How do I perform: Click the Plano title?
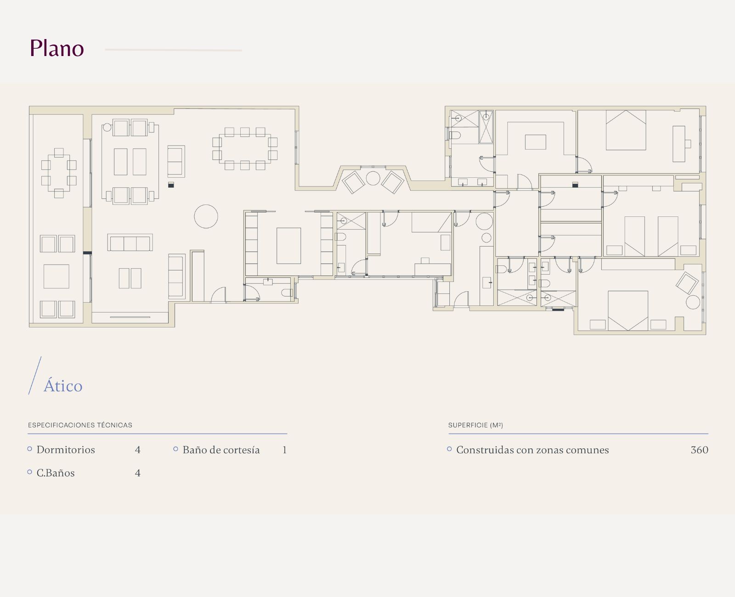click(x=57, y=48)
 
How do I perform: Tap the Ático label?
click(x=63, y=386)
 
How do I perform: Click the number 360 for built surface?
click(x=700, y=450)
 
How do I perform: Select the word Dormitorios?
click(x=66, y=450)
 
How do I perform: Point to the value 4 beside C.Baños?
click(x=138, y=473)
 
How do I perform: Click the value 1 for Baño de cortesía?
click(x=285, y=450)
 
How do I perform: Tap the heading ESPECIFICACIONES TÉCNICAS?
click(x=80, y=425)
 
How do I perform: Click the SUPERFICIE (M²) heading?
click(x=475, y=425)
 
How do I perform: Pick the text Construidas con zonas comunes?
click(x=532, y=450)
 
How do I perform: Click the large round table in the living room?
click(x=206, y=217)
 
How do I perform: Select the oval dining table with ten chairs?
click(x=245, y=148)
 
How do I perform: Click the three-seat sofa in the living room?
click(x=130, y=242)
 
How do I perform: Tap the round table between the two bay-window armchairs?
click(x=373, y=178)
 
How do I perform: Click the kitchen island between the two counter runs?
click(x=288, y=246)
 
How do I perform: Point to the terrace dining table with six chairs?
click(x=59, y=173)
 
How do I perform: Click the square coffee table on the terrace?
click(x=56, y=276)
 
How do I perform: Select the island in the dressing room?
click(x=536, y=142)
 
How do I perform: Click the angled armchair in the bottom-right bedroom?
click(x=687, y=283)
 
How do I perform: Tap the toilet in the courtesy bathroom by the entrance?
click(x=287, y=293)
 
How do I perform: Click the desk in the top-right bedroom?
click(x=679, y=144)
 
